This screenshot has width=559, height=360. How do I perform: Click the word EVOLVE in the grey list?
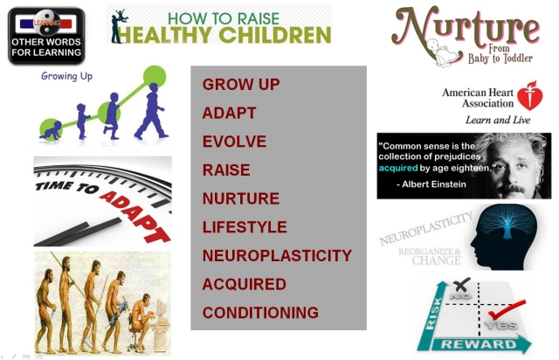[x=234, y=142]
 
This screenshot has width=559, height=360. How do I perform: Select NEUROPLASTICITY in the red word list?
[x=277, y=255]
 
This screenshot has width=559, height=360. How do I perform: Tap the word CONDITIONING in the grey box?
[x=260, y=313]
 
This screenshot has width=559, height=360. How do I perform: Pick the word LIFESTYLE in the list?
[x=245, y=227]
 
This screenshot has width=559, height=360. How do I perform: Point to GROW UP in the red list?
[x=241, y=85]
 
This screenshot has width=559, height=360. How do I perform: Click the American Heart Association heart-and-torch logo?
[x=530, y=95]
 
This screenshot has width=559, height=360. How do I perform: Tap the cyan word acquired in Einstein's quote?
[x=398, y=168]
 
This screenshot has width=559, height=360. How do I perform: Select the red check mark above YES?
[x=507, y=309]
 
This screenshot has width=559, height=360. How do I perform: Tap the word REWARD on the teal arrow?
[x=479, y=344]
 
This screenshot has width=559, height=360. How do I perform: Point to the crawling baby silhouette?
[x=51, y=130]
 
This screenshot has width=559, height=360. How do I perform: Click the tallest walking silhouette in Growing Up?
[x=151, y=111]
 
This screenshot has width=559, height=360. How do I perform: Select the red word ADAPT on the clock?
[x=135, y=217]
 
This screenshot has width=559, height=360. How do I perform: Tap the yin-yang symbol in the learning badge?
[x=46, y=23]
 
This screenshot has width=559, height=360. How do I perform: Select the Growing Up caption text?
[x=66, y=76]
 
